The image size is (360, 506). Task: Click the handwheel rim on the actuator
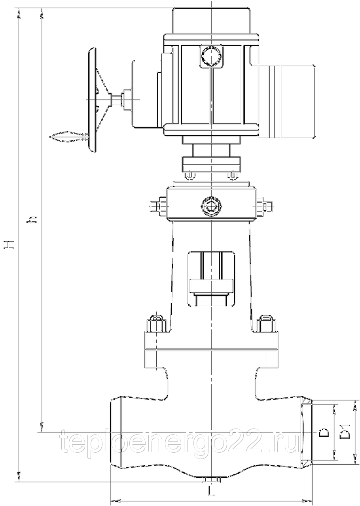point(92,100)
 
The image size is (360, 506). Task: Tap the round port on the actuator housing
point(211,56)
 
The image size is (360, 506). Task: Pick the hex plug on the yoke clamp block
point(211,206)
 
